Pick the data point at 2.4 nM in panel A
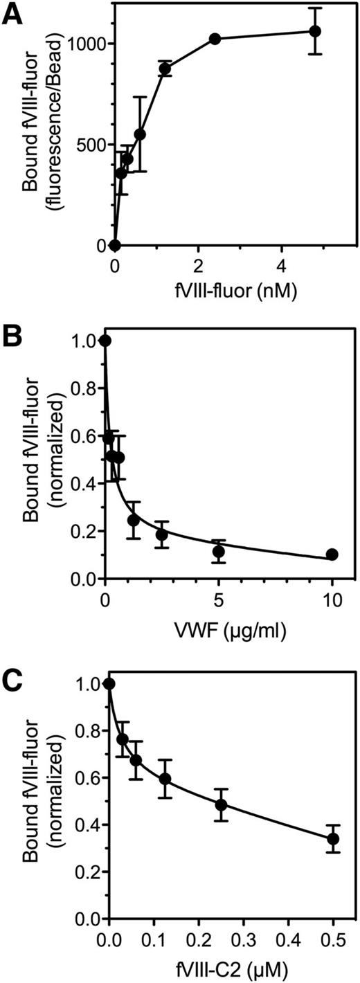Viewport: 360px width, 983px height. point(215,39)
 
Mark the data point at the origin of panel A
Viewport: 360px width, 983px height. point(115,246)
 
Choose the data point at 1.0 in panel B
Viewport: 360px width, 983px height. point(105,341)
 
